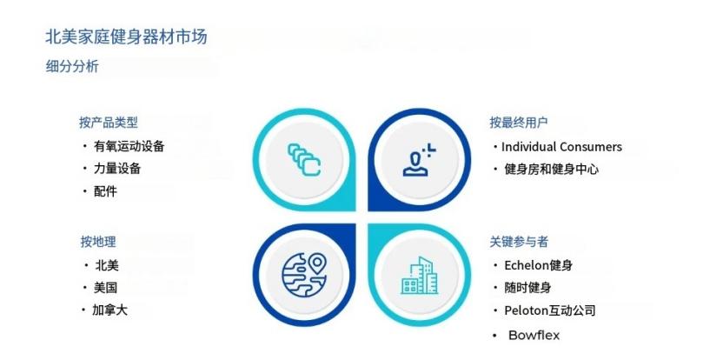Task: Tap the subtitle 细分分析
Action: (x=72, y=65)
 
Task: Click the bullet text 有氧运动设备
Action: (x=129, y=146)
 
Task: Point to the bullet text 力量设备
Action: (x=118, y=169)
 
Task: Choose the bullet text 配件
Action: (x=106, y=191)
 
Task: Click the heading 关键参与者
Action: (x=519, y=241)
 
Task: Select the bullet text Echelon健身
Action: (x=538, y=265)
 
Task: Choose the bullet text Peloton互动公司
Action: (x=550, y=310)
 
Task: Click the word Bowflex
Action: (x=534, y=335)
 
